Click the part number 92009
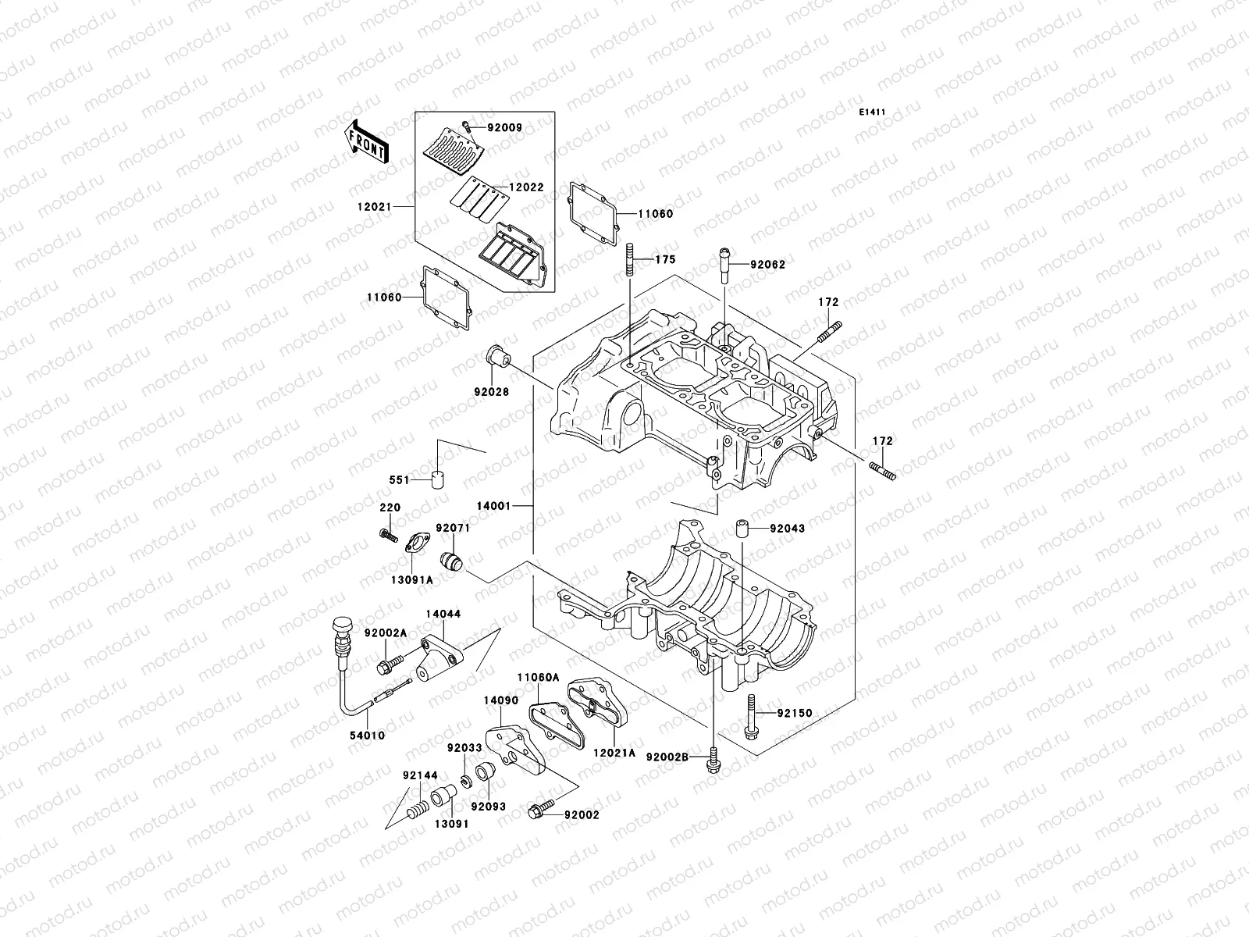click(x=504, y=127)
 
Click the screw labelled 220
click(x=386, y=534)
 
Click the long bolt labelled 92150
click(x=751, y=714)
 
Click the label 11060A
click(x=537, y=678)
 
